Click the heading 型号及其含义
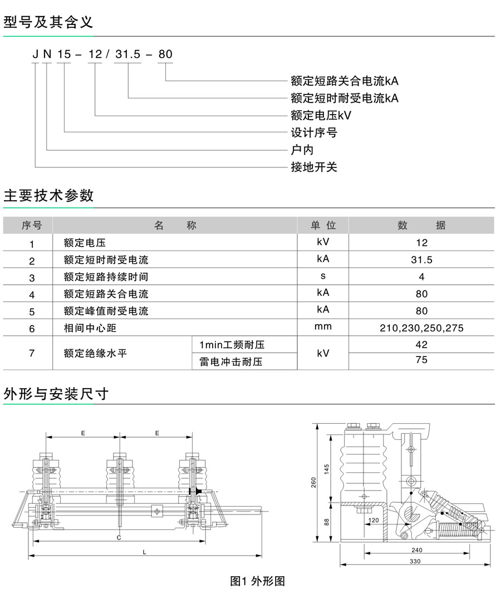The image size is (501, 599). [x=48, y=22]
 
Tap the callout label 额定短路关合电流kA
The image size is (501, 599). [x=345, y=81]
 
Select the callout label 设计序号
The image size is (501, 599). [x=314, y=132]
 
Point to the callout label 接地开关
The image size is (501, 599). [x=314, y=167]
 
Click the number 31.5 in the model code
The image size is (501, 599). [x=128, y=55]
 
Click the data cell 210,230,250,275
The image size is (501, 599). [x=421, y=328]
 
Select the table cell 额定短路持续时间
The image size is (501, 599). [x=106, y=276]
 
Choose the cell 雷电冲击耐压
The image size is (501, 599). [x=230, y=362]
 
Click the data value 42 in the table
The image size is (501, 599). [x=421, y=345]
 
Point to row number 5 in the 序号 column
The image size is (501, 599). [x=32, y=311]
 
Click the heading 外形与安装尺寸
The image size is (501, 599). [x=56, y=394]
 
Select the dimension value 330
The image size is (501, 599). [x=415, y=561]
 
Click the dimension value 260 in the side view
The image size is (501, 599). [x=313, y=482]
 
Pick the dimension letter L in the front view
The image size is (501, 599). [x=144, y=552]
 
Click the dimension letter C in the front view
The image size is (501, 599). [x=119, y=538]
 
